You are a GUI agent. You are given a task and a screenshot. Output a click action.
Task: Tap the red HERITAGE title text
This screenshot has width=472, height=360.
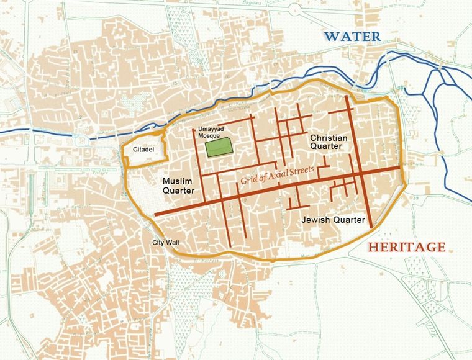pos(407,247)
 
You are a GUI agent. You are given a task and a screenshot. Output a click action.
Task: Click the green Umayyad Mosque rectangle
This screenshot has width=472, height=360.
pos(219,147)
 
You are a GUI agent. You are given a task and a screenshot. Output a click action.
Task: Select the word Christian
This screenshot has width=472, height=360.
pos(328,137)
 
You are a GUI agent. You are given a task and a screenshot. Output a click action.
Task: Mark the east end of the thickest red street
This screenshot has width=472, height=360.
pos(399,168)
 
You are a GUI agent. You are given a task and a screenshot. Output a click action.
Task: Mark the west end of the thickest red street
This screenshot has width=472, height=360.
pos(155,215)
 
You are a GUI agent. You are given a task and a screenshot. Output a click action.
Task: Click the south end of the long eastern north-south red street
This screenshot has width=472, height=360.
pos(371,227)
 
